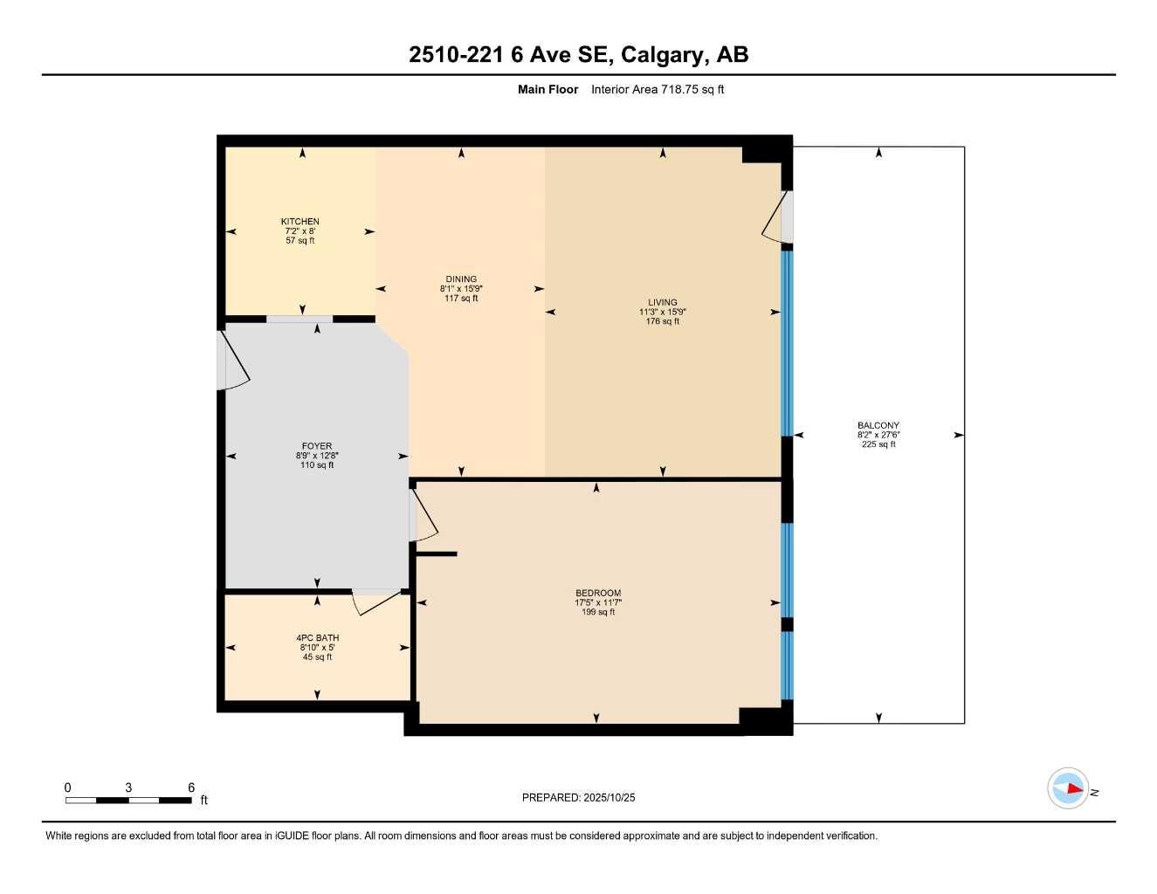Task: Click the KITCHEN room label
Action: (300, 222)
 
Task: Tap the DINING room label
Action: (461, 279)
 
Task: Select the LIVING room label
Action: (663, 303)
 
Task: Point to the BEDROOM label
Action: (598, 594)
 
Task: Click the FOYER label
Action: (317, 446)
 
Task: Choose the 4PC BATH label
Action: (317, 638)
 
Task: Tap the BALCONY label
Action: (878, 426)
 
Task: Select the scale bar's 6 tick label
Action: (191, 787)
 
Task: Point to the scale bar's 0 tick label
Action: (68, 787)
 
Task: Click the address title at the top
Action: (578, 55)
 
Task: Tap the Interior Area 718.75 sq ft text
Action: (658, 89)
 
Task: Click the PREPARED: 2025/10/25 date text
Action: (578, 797)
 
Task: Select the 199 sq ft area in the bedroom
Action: (598, 613)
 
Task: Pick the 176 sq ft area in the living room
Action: (663, 322)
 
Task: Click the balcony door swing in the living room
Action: (775, 223)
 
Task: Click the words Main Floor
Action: (548, 89)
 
